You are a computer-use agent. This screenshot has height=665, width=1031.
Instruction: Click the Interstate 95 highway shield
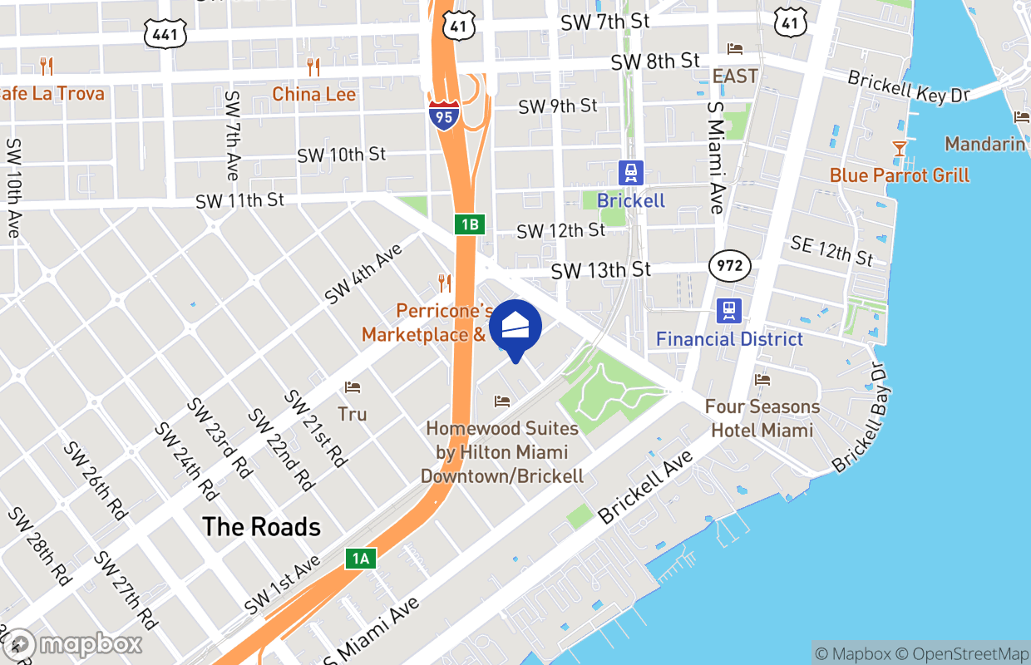click(444, 116)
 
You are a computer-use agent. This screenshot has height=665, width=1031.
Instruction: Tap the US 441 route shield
click(165, 34)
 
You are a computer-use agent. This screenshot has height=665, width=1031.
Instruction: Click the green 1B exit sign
click(470, 224)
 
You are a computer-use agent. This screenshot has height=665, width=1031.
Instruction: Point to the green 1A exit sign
click(361, 559)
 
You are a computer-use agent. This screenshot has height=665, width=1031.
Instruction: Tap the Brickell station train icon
click(631, 173)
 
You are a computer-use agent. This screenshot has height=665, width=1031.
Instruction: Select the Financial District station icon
click(729, 311)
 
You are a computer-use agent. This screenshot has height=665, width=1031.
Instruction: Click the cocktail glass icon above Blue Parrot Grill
click(899, 150)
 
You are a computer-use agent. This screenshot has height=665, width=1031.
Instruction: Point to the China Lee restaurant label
click(314, 94)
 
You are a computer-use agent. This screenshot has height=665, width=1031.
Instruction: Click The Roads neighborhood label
click(262, 527)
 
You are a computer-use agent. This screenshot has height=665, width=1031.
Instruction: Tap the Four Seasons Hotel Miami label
click(762, 418)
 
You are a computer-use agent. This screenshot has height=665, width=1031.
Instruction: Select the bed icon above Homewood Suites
click(502, 401)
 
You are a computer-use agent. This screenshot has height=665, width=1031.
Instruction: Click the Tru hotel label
click(353, 414)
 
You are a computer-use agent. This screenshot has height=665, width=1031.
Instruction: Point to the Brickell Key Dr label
click(909, 86)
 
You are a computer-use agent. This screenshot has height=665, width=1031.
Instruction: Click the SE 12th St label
click(831, 249)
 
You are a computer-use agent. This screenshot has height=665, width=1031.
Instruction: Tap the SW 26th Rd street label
click(96, 481)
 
